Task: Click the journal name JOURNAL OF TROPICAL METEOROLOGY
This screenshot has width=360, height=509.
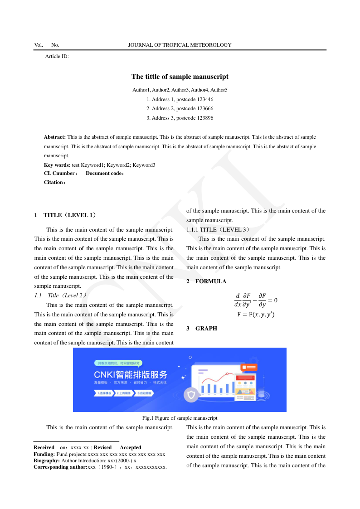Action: tap(180, 45)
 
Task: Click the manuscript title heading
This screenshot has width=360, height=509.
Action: tap(180, 77)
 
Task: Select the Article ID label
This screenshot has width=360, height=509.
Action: tap(57, 56)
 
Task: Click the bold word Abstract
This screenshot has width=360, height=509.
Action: tap(54, 137)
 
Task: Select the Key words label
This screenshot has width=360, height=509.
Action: tap(57, 165)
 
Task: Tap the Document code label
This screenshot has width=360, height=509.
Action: tap(105, 173)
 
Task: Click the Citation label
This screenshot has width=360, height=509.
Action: tap(54, 182)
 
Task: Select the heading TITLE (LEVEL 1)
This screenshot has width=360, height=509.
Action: tap(69, 215)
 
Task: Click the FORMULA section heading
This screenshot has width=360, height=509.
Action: tap(210, 281)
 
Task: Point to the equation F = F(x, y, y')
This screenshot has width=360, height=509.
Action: tap(256, 315)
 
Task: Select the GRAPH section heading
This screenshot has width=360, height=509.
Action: tap(206, 329)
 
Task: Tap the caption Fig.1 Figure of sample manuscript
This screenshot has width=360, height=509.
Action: tap(180, 418)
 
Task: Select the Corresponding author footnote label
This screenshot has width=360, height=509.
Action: tap(60, 467)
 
